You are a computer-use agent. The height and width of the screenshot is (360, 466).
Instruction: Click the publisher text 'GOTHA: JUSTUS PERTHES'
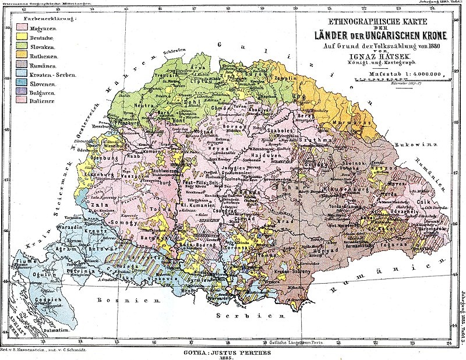coord(231,351)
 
